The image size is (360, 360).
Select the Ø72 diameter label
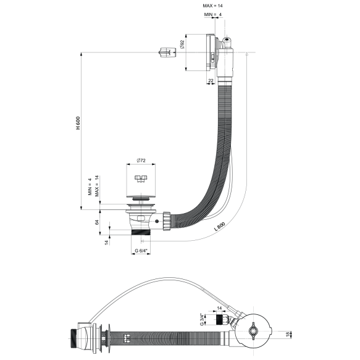coord(141,161)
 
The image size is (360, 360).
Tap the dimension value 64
coord(97,222)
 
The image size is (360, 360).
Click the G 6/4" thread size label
coord(143,251)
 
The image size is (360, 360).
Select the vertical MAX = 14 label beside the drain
coord(97,185)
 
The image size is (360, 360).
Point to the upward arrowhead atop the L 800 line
coord(246,54)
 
